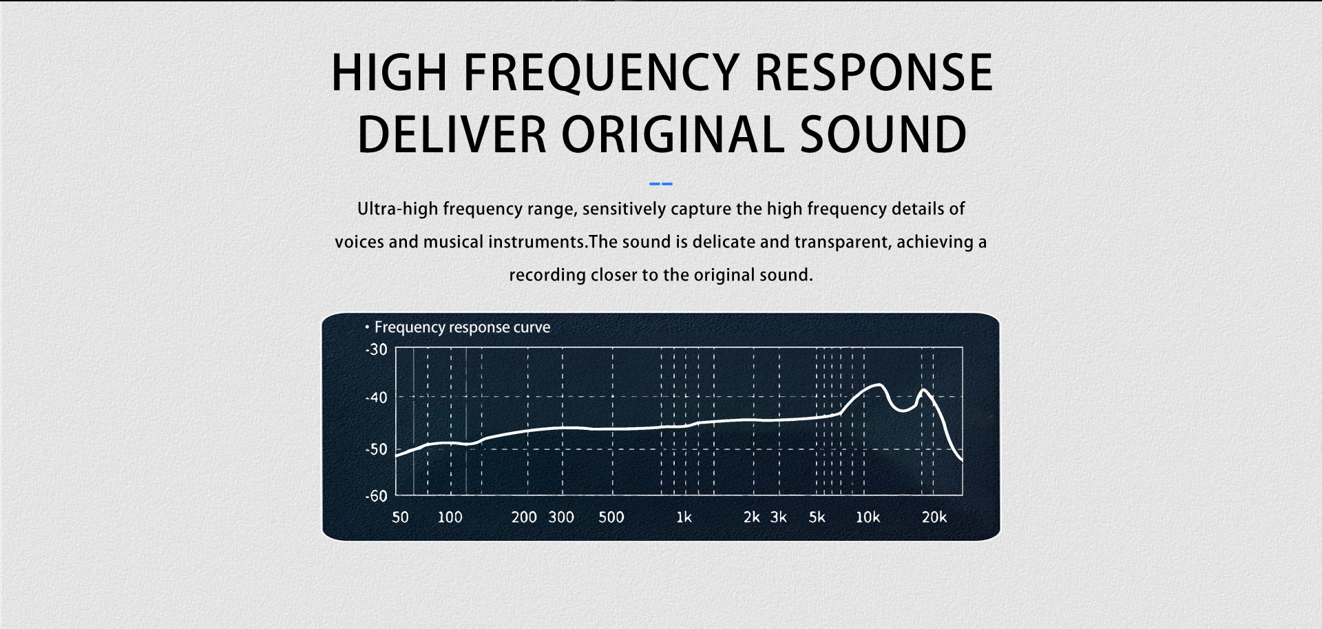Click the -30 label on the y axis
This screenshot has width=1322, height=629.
[x=377, y=350]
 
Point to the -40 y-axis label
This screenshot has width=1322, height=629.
[x=377, y=398]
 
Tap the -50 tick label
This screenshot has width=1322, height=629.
[x=377, y=450]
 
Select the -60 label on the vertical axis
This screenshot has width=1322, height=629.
[x=377, y=496]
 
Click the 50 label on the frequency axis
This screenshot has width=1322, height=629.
[x=400, y=517]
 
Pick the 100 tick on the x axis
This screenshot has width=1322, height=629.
[x=450, y=517]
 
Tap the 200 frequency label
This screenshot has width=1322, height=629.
[x=524, y=517]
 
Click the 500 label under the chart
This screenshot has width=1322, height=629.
[x=611, y=517]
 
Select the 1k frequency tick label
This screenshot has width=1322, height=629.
[x=684, y=517]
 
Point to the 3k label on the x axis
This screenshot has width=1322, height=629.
[x=779, y=517]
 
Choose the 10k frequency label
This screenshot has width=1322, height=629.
[x=868, y=517]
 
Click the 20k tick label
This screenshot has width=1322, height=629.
[x=934, y=517]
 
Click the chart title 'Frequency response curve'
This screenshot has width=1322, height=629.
[x=462, y=327]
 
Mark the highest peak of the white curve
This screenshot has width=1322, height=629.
[x=879, y=384]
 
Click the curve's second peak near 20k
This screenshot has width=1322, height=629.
[x=923, y=390]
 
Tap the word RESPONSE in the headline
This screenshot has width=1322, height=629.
[x=874, y=72]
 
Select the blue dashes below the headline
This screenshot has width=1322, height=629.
[x=661, y=184]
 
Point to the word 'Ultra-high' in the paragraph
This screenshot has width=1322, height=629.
[x=397, y=209]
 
